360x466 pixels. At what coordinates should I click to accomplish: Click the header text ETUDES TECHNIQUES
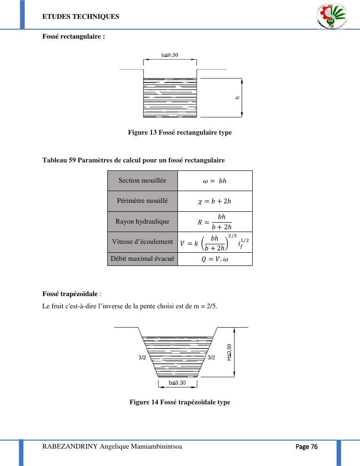pyautogui.click(x=80, y=17)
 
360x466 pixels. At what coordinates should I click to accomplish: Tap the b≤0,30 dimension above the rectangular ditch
pyautogui.click(x=170, y=55)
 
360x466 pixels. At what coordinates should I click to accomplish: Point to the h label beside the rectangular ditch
pyautogui.click(x=238, y=98)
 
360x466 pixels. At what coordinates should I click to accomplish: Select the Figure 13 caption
pyautogui.click(x=180, y=133)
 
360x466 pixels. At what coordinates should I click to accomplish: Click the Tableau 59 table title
pyautogui.click(x=134, y=161)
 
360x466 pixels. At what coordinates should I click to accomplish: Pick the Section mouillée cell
pyautogui.click(x=142, y=181)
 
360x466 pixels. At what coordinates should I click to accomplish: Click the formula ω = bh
pyautogui.click(x=215, y=181)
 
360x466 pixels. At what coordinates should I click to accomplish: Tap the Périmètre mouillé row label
pyautogui.click(x=142, y=201)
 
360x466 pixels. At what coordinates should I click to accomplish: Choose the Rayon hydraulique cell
pyautogui.click(x=142, y=221)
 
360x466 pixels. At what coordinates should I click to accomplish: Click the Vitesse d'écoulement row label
pyautogui.click(x=142, y=242)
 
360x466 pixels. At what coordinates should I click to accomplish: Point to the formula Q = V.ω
pyautogui.click(x=215, y=259)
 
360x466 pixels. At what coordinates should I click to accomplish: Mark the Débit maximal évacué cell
pyautogui.click(x=142, y=259)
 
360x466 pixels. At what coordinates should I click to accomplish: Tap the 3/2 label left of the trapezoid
pyautogui.click(x=142, y=357)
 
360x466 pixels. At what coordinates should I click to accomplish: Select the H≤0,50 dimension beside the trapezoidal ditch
pyautogui.click(x=230, y=352)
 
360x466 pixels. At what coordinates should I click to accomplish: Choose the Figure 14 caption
pyautogui.click(x=180, y=402)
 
